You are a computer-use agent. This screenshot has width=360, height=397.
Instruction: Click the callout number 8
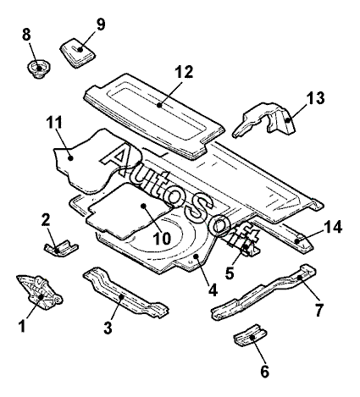(x=26, y=35)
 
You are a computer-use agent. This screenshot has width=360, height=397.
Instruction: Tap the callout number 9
(x=101, y=25)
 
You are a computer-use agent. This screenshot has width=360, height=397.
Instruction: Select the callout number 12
(x=184, y=72)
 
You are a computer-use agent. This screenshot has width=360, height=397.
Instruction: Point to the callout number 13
(x=316, y=97)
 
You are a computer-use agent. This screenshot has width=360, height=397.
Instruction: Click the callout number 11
(x=54, y=123)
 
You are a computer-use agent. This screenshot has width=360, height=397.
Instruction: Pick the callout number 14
(x=333, y=227)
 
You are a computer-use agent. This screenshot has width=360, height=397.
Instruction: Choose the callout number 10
(x=162, y=239)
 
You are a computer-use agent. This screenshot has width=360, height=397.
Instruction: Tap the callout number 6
(x=264, y=371)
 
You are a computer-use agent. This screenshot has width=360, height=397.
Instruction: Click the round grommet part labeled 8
(x=39, y=69)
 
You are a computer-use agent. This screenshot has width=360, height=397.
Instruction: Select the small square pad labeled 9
(x=76, y=52)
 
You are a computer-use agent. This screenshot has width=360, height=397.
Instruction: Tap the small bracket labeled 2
(x=61, y=248)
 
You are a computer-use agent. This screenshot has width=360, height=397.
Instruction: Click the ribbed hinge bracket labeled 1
(x=40, y=292)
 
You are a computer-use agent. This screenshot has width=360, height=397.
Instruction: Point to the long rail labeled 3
(x=125, y=294)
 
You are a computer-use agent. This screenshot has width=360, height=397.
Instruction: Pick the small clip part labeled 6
(x=250, y=335)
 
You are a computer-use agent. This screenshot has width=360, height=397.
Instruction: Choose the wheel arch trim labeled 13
(x=265, y=120)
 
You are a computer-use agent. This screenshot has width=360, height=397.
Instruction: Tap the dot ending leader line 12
(x=159, y=105)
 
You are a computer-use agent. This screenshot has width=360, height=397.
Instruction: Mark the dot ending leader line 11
(x=71, y=158)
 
